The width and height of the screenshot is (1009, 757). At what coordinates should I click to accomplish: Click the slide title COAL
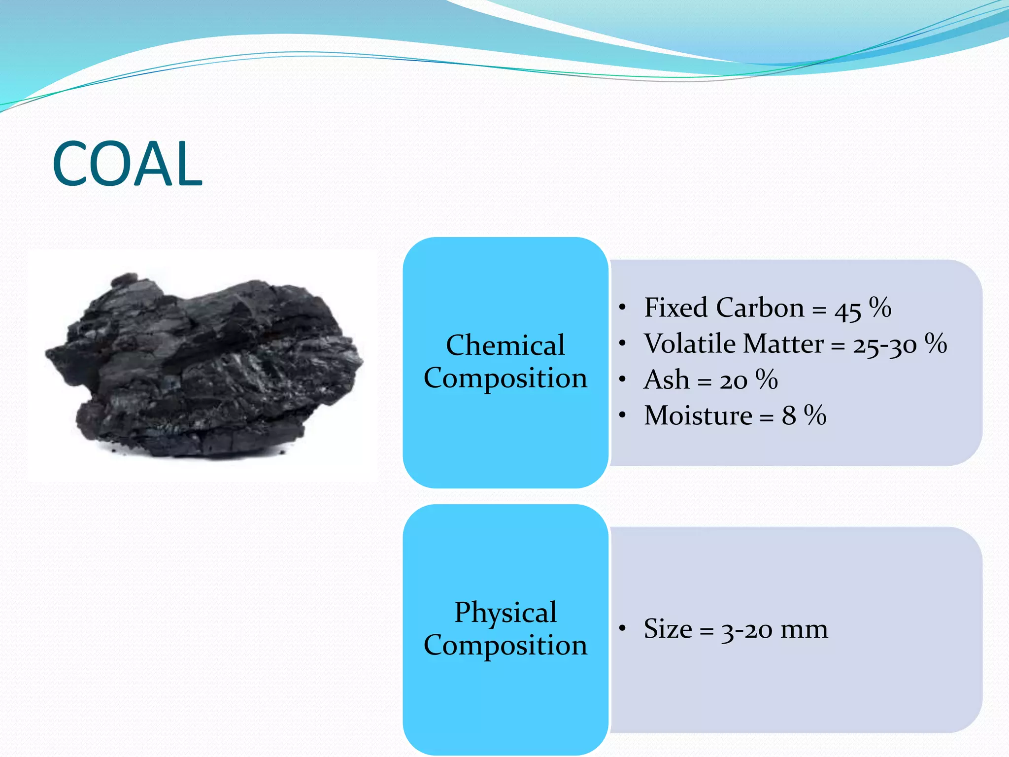click(x=127, y=164)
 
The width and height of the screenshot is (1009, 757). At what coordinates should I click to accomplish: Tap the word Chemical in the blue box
click(x=505, y=344)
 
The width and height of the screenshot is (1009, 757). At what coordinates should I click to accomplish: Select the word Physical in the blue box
click(x=505, y=613)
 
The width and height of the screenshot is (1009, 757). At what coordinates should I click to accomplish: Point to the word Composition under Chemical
click(x=505, y=378)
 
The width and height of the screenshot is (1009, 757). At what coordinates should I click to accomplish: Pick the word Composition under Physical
click(x=505, y=645)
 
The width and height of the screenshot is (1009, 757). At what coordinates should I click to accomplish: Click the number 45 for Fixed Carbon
click(x=847, y=310)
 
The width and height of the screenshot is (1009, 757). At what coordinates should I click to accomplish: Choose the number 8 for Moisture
click(x=789, y=416)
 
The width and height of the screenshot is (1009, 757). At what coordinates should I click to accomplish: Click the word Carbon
click(x=760, y=308)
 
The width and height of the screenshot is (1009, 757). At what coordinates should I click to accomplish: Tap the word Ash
click(x=666, y=380)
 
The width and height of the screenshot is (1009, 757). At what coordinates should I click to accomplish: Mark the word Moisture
click(x=698, y=415)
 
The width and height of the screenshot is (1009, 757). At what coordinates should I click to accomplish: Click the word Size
click(x=668, y=629)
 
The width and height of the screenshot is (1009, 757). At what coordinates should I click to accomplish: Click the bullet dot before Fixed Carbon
click(x=623, y=308)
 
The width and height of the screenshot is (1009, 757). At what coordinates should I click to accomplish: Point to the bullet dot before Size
click(x=623, y=628)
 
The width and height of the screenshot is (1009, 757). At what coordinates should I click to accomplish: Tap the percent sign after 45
click(x=880, y=308)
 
